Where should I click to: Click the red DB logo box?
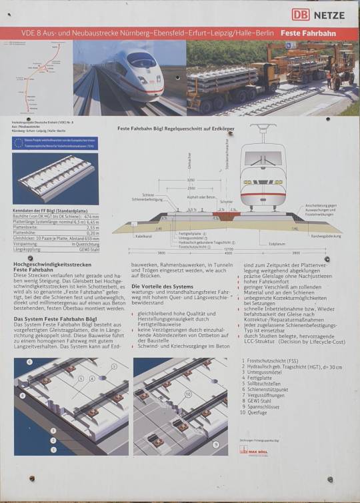tap(300, 14)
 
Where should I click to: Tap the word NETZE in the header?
tap(330, 14)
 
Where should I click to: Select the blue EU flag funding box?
tap(55, 143)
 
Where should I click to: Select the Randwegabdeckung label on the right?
tap(325, 236)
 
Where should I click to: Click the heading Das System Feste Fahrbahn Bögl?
tap(50, 318)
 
